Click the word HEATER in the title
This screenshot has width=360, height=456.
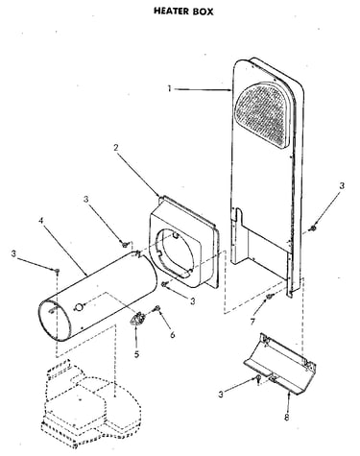click(x=171, y=11)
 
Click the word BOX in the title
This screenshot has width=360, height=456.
click(x=203, y=12)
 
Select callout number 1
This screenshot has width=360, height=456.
click(x=169, y=88)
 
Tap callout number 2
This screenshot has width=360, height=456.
click(x=116, y=148)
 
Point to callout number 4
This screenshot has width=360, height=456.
click(x=41, y=221)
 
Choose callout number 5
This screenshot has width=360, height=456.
click(x=136, y=354)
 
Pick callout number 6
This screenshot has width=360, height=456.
click(x=173, y=335)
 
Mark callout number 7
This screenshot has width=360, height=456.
click(x=252, y=322)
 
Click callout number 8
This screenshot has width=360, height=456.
click(x=287, y=418)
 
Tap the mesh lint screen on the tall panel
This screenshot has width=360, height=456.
click(x=263, y=114)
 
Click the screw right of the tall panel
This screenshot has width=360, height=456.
click(x=313, y=228)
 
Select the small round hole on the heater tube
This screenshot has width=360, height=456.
click(x=78, y=307)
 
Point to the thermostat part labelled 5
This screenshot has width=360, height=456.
click(x=138, y=319)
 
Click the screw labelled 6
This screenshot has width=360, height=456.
click(x=157, y=308)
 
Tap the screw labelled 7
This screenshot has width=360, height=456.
click(x=270, y=297)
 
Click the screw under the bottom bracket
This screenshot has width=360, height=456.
click(x=258, y=379)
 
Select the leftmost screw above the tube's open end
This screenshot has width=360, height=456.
click(x=58, y=271)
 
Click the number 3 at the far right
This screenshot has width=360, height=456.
click(x=342, y=185)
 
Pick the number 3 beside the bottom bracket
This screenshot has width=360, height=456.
click(x=221, y=395)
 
